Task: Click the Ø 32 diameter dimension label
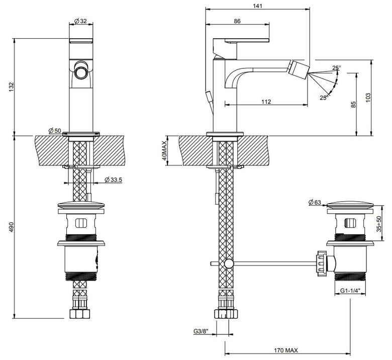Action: (x=80, y=21)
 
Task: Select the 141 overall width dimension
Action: (x=257, y=6)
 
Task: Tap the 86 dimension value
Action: (x=237, y=21)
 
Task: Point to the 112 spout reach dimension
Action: (x=266, y=102)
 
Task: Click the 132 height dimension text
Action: (x=12, y=87)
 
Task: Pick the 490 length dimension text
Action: (x=12, y=227)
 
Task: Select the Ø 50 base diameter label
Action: (x=55, y=130)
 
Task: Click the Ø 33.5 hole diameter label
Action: (x=113, y=179)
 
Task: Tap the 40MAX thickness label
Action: (x=164, y=151)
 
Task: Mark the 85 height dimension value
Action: (x=353, y=104)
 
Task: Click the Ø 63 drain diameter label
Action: (x=315, y=202)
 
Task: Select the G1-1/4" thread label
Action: (x=350, y=291)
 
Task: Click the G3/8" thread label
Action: (x=201, y=331)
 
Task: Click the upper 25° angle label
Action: (x=337, y=67)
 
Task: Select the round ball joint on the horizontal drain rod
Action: (x=229, y=263)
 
